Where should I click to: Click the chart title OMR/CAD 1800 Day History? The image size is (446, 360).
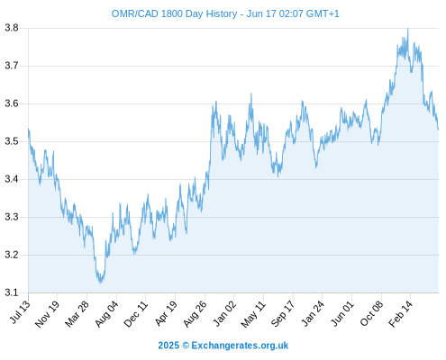(x=174, y=13)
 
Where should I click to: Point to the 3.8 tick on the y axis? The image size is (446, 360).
(x=12, y=28)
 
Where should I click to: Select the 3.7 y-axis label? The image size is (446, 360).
(x=12, y=66)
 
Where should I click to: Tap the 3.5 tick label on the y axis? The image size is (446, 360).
(x=12, y=141)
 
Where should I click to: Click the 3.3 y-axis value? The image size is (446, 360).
(x=12, y=217)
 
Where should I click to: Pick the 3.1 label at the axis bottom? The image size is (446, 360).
(x=12, y=292)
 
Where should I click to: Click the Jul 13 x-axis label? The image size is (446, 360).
(x=20, y=312)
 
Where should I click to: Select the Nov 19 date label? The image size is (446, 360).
(x=47, y=314)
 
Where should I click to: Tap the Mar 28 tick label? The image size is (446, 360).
(x=77, y=314)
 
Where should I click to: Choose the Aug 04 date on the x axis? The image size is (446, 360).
(x=106, y=314)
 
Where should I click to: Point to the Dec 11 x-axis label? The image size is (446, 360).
(x=136, y=314)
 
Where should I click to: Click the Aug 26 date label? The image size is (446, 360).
(x=195, y=314)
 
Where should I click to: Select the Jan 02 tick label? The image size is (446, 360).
(x=224, y=313)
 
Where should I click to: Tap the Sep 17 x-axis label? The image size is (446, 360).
(x=283, y=314)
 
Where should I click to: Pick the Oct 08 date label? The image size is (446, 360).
(x=371, y=313)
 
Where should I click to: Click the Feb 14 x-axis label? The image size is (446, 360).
(x=400, y=314)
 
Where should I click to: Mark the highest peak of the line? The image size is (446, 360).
(x=407, y=29)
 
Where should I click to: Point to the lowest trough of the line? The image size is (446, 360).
(x=101, y=283)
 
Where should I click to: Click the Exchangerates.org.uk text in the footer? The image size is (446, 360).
(x=240, y=346)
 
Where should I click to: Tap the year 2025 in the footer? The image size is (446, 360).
(x=168, y=346)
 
